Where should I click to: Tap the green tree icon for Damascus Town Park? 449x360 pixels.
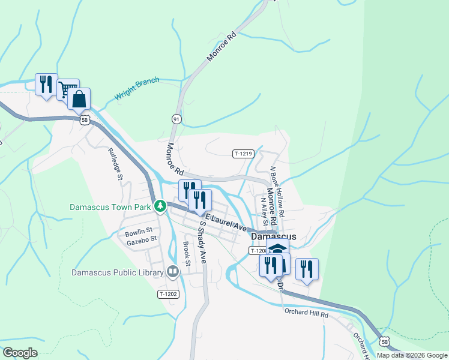(x=160, y=206)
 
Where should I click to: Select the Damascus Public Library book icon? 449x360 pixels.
(x=173, y=272)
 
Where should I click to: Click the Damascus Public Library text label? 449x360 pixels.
(x=118, y=272)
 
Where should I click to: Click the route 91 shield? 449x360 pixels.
(x=176, y=119)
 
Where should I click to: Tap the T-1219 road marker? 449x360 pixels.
(x=243, y=154)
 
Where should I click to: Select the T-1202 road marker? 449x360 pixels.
(x=168, y=294)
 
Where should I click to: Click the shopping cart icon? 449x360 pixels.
(x=68, y=89)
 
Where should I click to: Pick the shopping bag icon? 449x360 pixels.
(x=79, y=99)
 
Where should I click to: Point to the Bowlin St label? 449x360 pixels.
(x=139, y=230)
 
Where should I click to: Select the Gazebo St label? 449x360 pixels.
(x=141, y=239)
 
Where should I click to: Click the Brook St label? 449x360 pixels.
(x=187, y=254)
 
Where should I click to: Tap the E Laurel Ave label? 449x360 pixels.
(x=226, y=223)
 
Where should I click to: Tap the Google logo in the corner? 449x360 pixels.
(x=20, y=353)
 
